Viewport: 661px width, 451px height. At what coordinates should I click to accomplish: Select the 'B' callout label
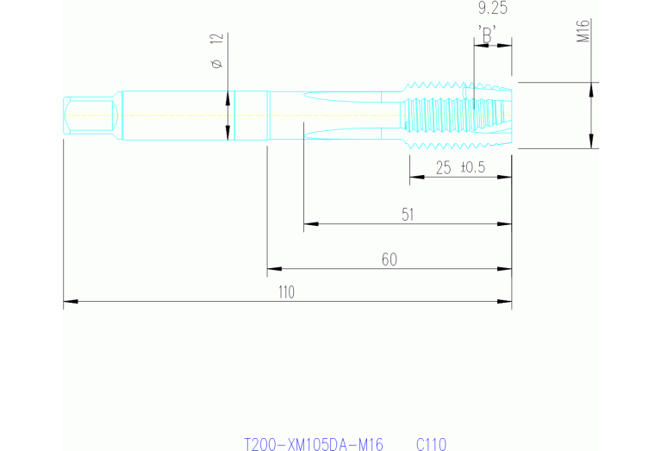[x=488, y=35]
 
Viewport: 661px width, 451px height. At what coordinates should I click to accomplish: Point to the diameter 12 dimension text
[x=215, y=51]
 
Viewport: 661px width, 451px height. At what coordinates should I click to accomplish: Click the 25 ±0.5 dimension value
[x=460, y=167]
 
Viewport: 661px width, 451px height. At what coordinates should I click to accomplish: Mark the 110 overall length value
[x=285, y=292]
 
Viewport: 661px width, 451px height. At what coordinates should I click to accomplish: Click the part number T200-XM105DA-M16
[x=314, y=444]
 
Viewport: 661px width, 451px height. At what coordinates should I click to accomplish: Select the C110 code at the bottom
[x=431, y=444]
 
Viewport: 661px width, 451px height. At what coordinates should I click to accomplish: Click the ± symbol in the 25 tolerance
[x=466, y=167]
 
